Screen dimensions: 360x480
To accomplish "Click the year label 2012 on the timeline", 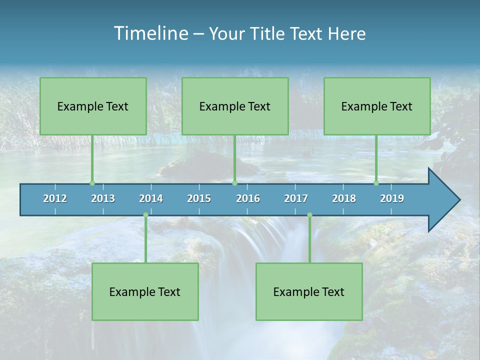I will (x=55, y=198).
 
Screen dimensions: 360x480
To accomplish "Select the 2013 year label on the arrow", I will (x=103, y=198).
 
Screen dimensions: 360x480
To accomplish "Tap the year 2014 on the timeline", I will (x=151, y=198).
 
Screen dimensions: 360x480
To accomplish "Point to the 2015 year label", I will (x=199, y=198).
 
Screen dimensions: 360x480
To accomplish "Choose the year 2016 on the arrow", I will (x=248, y=198).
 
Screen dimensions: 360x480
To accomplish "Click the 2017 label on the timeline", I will (x=296, y=198).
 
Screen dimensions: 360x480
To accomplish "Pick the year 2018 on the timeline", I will (x=344, y=198).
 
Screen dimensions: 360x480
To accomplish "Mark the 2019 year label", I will (x=392, y=198).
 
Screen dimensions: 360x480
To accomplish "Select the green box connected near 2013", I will (x=93, y=106).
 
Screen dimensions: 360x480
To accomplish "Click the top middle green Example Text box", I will (x=235, y=106).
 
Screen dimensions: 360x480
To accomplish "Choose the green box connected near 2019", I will (x=377, y=106).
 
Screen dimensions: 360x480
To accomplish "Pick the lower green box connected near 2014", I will (x=145, y=291).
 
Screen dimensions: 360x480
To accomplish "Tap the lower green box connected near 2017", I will (x=309, y=291).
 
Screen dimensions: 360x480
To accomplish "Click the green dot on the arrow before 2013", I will (x=92, y=183).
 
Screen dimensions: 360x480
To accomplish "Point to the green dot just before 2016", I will (x=234, y=183).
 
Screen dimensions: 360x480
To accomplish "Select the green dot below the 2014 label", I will (x=145, y=215).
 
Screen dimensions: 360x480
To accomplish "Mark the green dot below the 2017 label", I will (x=309, y=215).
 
